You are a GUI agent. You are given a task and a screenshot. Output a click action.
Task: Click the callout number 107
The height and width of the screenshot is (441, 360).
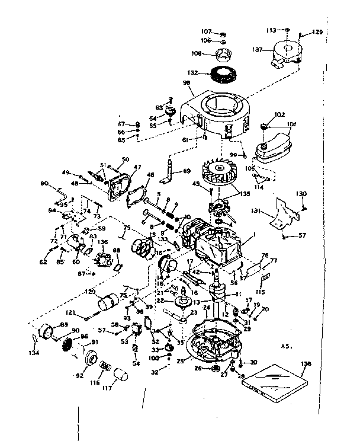205,31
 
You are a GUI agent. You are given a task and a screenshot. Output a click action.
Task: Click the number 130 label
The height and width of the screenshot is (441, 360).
302,194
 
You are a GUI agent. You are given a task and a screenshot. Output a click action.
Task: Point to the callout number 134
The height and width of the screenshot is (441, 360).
33,354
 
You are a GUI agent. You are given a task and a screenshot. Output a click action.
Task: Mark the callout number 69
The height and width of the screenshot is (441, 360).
187,171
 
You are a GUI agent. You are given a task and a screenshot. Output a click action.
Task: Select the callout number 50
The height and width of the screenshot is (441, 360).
125,159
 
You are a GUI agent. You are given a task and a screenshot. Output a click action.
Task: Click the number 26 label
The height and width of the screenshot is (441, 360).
198,368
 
